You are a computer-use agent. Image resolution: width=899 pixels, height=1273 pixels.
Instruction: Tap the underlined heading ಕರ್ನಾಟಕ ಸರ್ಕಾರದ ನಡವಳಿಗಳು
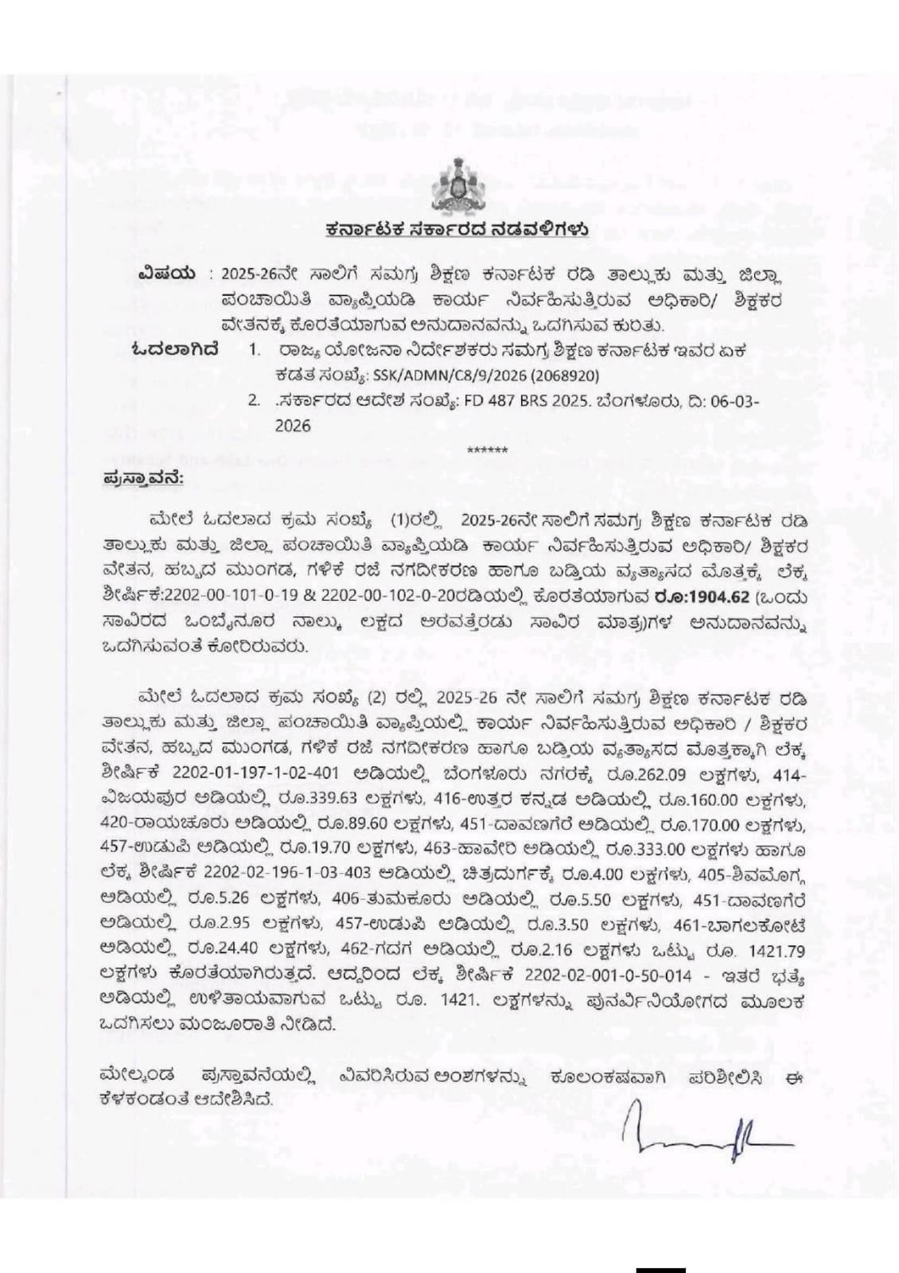(x=457, y=230)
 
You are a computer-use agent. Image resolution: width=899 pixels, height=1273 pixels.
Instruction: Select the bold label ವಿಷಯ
(x=165, y=274)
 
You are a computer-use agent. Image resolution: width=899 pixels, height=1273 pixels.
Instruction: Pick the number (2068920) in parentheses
(x=560, y=376)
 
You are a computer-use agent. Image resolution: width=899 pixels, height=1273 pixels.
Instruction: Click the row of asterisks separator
(x=487, y=451)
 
